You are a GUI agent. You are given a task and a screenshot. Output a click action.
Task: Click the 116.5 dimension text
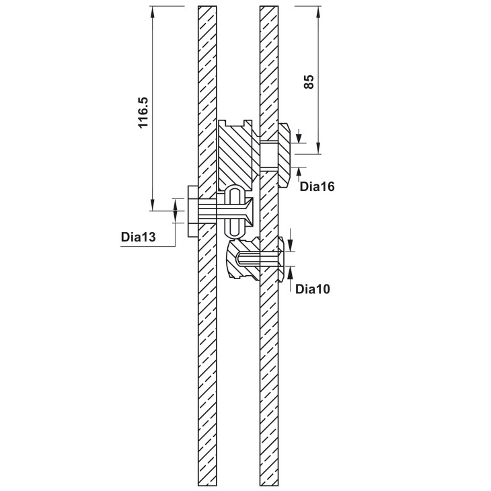143,113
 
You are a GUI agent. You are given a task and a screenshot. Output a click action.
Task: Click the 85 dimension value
309,82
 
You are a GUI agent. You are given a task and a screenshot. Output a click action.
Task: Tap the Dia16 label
317,186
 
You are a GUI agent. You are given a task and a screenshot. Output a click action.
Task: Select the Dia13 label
138,237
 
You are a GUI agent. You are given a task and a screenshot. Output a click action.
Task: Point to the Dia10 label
313,289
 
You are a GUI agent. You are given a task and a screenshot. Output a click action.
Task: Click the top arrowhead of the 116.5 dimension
153,12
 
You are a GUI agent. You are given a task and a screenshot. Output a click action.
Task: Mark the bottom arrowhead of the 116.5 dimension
153,204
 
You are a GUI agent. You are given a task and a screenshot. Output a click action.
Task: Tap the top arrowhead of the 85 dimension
318,12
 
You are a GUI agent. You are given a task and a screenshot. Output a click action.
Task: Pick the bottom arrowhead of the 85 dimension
318,148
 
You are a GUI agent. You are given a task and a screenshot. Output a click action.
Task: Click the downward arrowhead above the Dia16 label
299,138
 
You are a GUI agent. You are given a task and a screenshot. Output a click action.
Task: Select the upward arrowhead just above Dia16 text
299,173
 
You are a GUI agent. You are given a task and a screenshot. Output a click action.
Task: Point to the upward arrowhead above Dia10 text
291,272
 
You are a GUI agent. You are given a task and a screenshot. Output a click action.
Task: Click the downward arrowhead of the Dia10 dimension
291,245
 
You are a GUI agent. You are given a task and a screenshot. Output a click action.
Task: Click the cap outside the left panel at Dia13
192,211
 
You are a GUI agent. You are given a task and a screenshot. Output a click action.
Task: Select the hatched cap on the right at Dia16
285,155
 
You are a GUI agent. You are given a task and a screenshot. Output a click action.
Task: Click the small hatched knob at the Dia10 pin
243,258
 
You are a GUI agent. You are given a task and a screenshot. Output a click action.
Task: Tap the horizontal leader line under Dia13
147,247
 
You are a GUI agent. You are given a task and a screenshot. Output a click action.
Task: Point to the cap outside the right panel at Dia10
281,259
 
